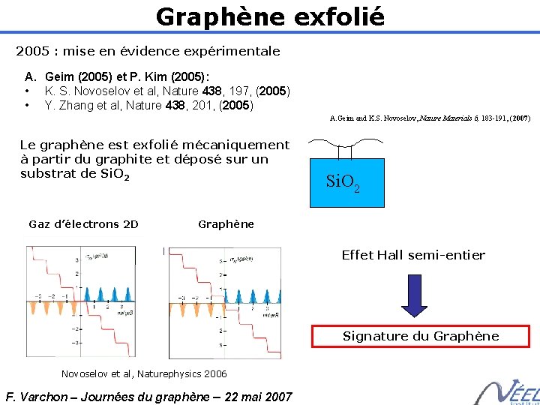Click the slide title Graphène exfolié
[x=270, y=16]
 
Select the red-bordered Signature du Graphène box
[x=420, y=336]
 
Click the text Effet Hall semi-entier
[x=413, y=255]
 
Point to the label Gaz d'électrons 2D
[x=83, y=224]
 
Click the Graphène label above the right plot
[x=226, y=224]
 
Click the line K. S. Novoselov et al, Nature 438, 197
[x=167, y=91]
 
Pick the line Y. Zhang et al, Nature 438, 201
[x=149, y=105]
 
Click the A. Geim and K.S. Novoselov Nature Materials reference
[x=430, y=118]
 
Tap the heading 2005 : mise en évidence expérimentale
[x=148, y=52]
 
